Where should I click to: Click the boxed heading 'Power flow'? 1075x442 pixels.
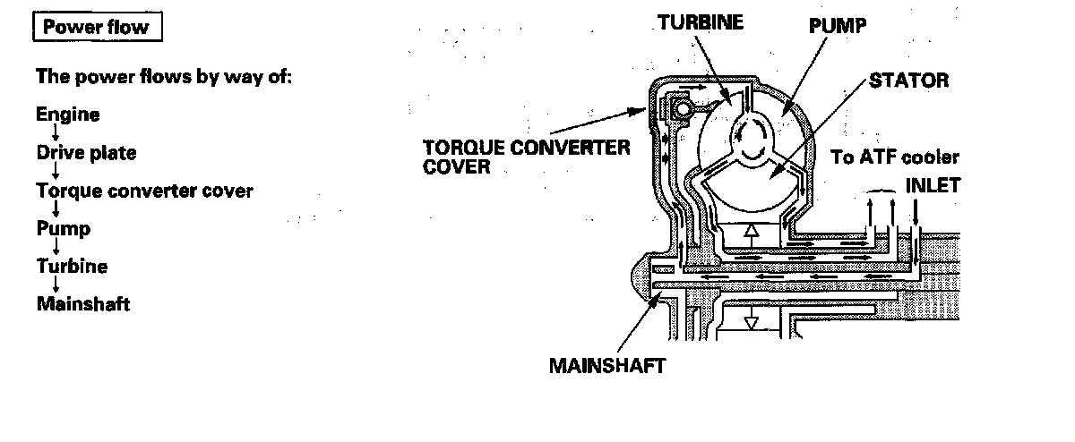point(97,28)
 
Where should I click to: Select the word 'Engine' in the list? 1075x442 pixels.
point(68,115)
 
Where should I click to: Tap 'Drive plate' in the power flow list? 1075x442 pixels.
point(87,153)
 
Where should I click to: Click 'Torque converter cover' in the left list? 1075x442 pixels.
point(144,191)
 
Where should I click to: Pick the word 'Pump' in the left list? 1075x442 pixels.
point(63,228)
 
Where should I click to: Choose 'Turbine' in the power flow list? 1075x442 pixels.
point(72,266)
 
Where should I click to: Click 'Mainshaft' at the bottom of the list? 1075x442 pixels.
point(83,304)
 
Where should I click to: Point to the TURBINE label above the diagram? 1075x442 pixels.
point(701,22)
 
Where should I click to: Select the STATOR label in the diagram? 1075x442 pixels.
point(907,81)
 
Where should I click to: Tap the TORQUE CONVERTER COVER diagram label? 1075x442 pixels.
point(527,157)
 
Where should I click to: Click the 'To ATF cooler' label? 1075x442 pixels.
point(895,158)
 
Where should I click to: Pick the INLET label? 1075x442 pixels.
point(933,186)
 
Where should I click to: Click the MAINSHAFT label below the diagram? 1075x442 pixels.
point(607,366)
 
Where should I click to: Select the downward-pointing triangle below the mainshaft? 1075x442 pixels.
point(751,321)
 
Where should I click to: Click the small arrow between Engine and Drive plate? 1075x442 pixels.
point(55,134)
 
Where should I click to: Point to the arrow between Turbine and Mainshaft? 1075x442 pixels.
point(55,285)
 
